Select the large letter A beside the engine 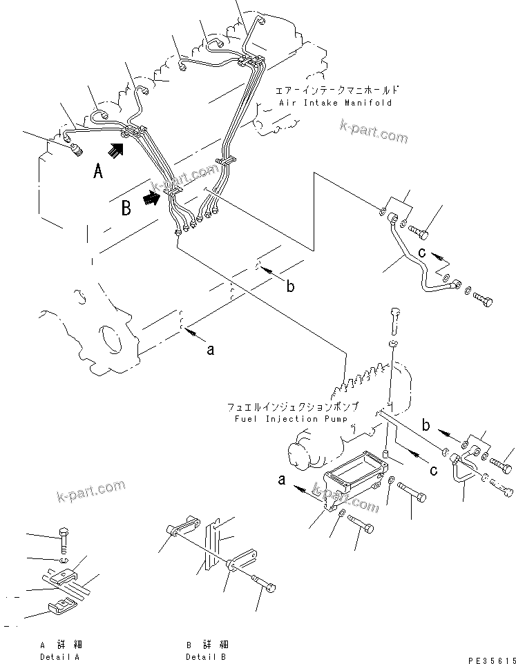click(99, 171)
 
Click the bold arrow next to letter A click(118, 149)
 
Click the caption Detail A click(59, 656)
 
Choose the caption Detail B click(206, 656)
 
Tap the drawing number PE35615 click(488, 659)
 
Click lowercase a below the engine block click(211, 350)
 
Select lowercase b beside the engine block click(291, 286)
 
